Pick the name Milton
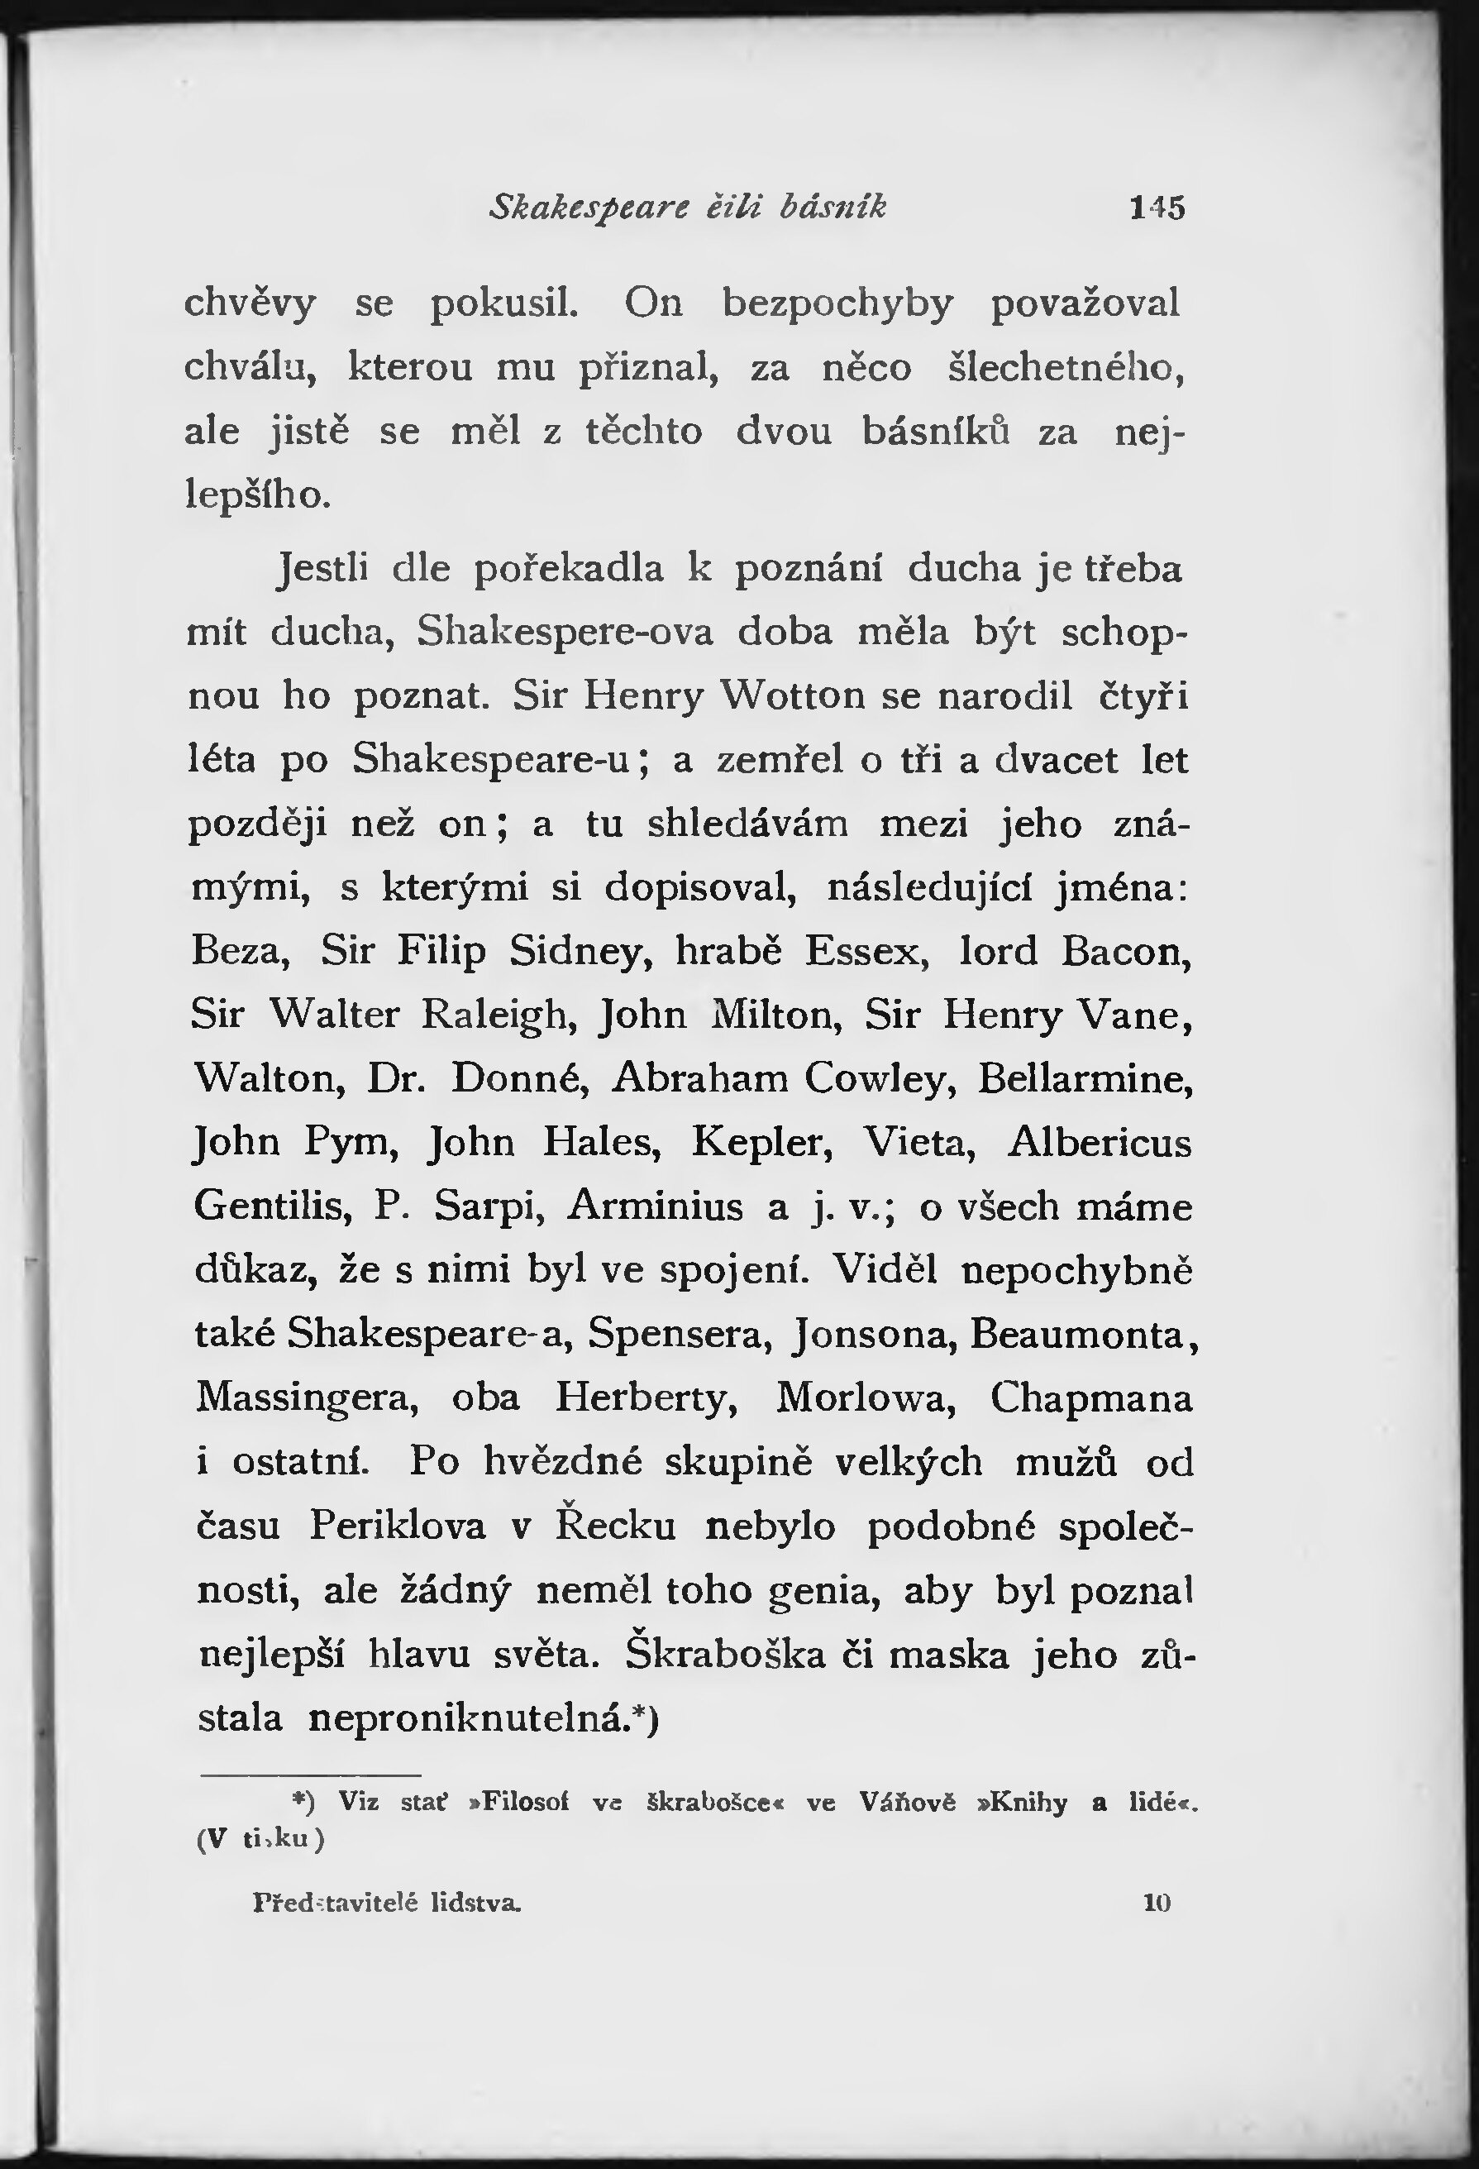tap(776, 1015)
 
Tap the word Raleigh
tap(494, 1015)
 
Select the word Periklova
tap(398, 1525)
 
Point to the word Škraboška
tap(725, 1654)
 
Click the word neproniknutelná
tap(466, 1718)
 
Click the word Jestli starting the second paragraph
tap(324, 568)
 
